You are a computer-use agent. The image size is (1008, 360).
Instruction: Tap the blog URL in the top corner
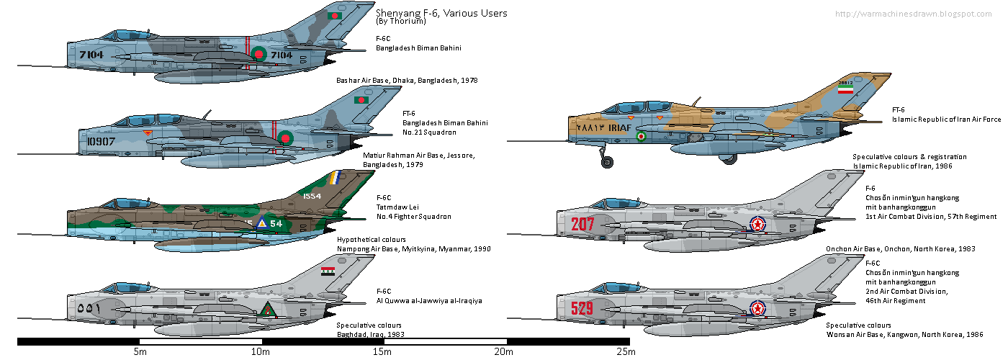pyautogui.click(x=917, y=14)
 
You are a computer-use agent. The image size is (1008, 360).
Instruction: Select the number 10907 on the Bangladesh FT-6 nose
pyautogui.click(x=100, y=141)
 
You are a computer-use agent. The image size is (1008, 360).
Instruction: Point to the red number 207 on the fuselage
pyautogui.click(x=582, y=224)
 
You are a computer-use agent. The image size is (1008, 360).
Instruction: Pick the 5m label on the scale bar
pyautogui.click(x=140, y=352)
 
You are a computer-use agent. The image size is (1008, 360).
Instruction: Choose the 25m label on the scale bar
pyautogui.click(x=626, y=352)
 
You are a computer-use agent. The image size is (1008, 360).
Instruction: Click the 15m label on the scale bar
pyautogui.click(x=382, y=352)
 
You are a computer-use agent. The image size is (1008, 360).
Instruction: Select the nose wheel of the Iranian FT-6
pyautogui.click(x=608, y=163)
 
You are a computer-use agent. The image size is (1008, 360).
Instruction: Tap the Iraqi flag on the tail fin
pyautogui.click(x=328, y=271)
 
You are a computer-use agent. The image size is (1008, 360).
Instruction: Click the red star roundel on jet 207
pyautogui.click(x=757, y=225)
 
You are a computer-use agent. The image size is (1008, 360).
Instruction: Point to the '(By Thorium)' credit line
pyautogui.click(x=401, y=22)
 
